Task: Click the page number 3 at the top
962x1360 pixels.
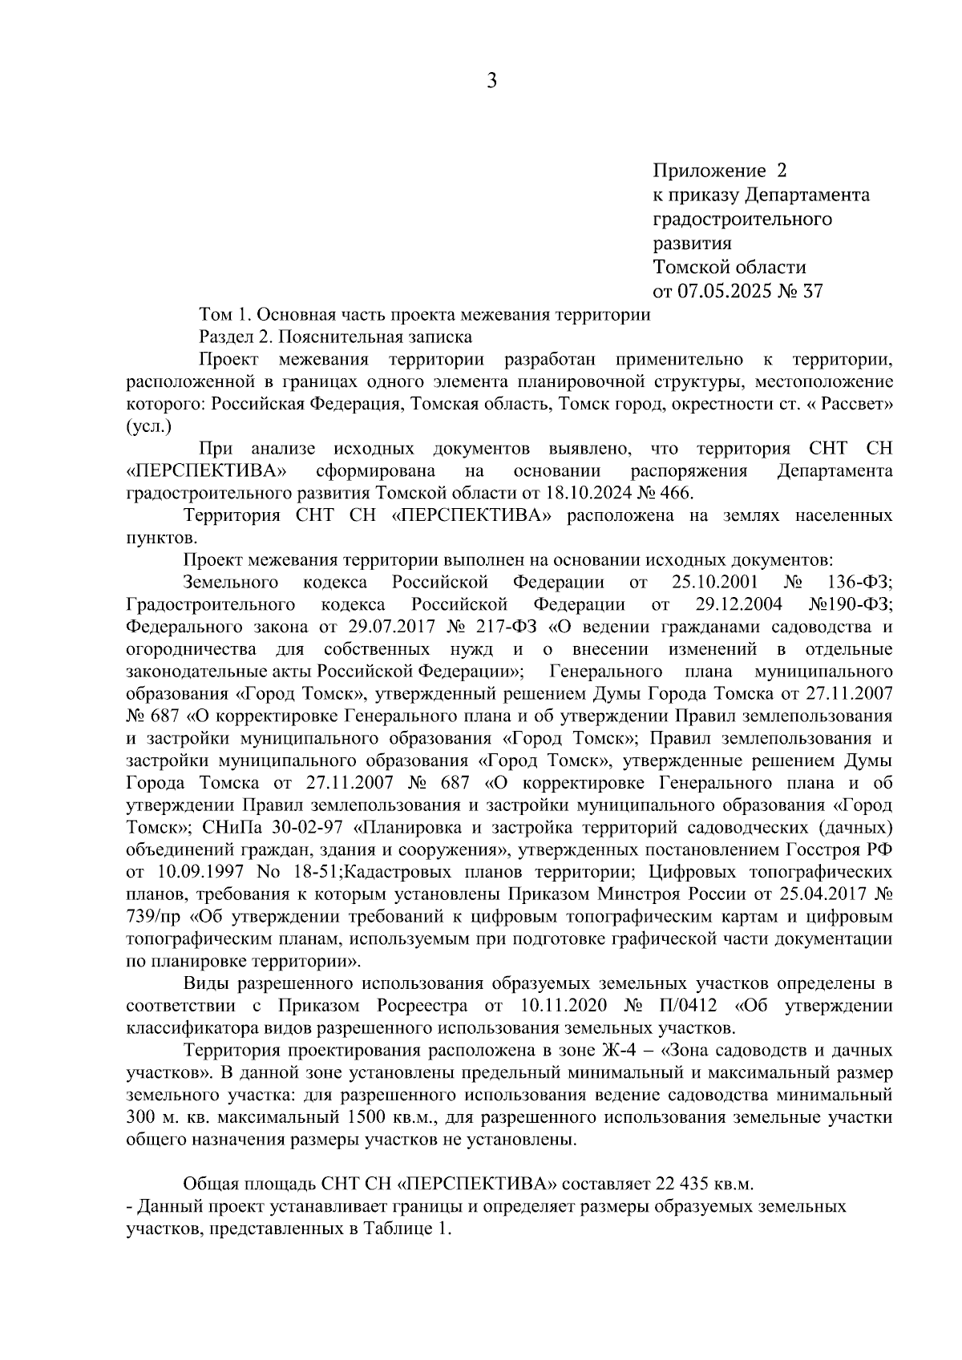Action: [x=491, y=80]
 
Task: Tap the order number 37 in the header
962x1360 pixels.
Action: [x=811, y=291]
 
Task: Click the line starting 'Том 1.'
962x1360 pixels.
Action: [x=424, y=314]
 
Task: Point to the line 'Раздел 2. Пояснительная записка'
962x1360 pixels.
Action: [x=335, y=337]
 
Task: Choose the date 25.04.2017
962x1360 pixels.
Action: [x=819, y=893]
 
